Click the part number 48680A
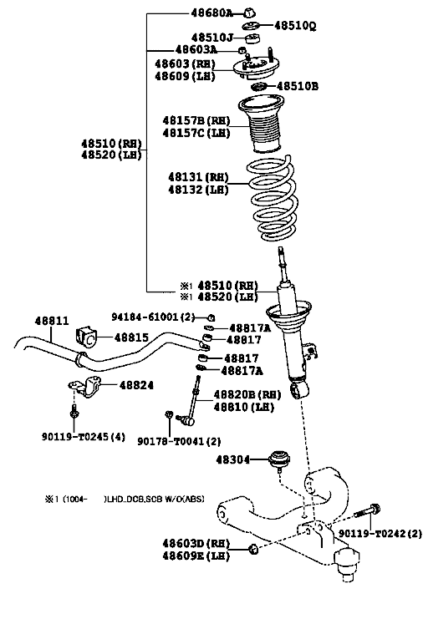212,13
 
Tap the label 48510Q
295,26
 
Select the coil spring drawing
273,198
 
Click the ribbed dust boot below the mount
261,124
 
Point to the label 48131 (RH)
198,176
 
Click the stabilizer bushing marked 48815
86,337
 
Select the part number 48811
52,320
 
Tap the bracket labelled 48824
85,388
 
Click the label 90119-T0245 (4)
84,436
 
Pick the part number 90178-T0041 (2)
179,441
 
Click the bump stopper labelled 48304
279,459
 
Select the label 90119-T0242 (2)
380,533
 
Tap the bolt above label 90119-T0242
367,511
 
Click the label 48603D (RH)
196,543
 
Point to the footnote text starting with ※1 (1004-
125,499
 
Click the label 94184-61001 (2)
154,317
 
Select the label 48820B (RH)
247,394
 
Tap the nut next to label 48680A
249,13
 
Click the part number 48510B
297,86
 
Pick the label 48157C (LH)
196,133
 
